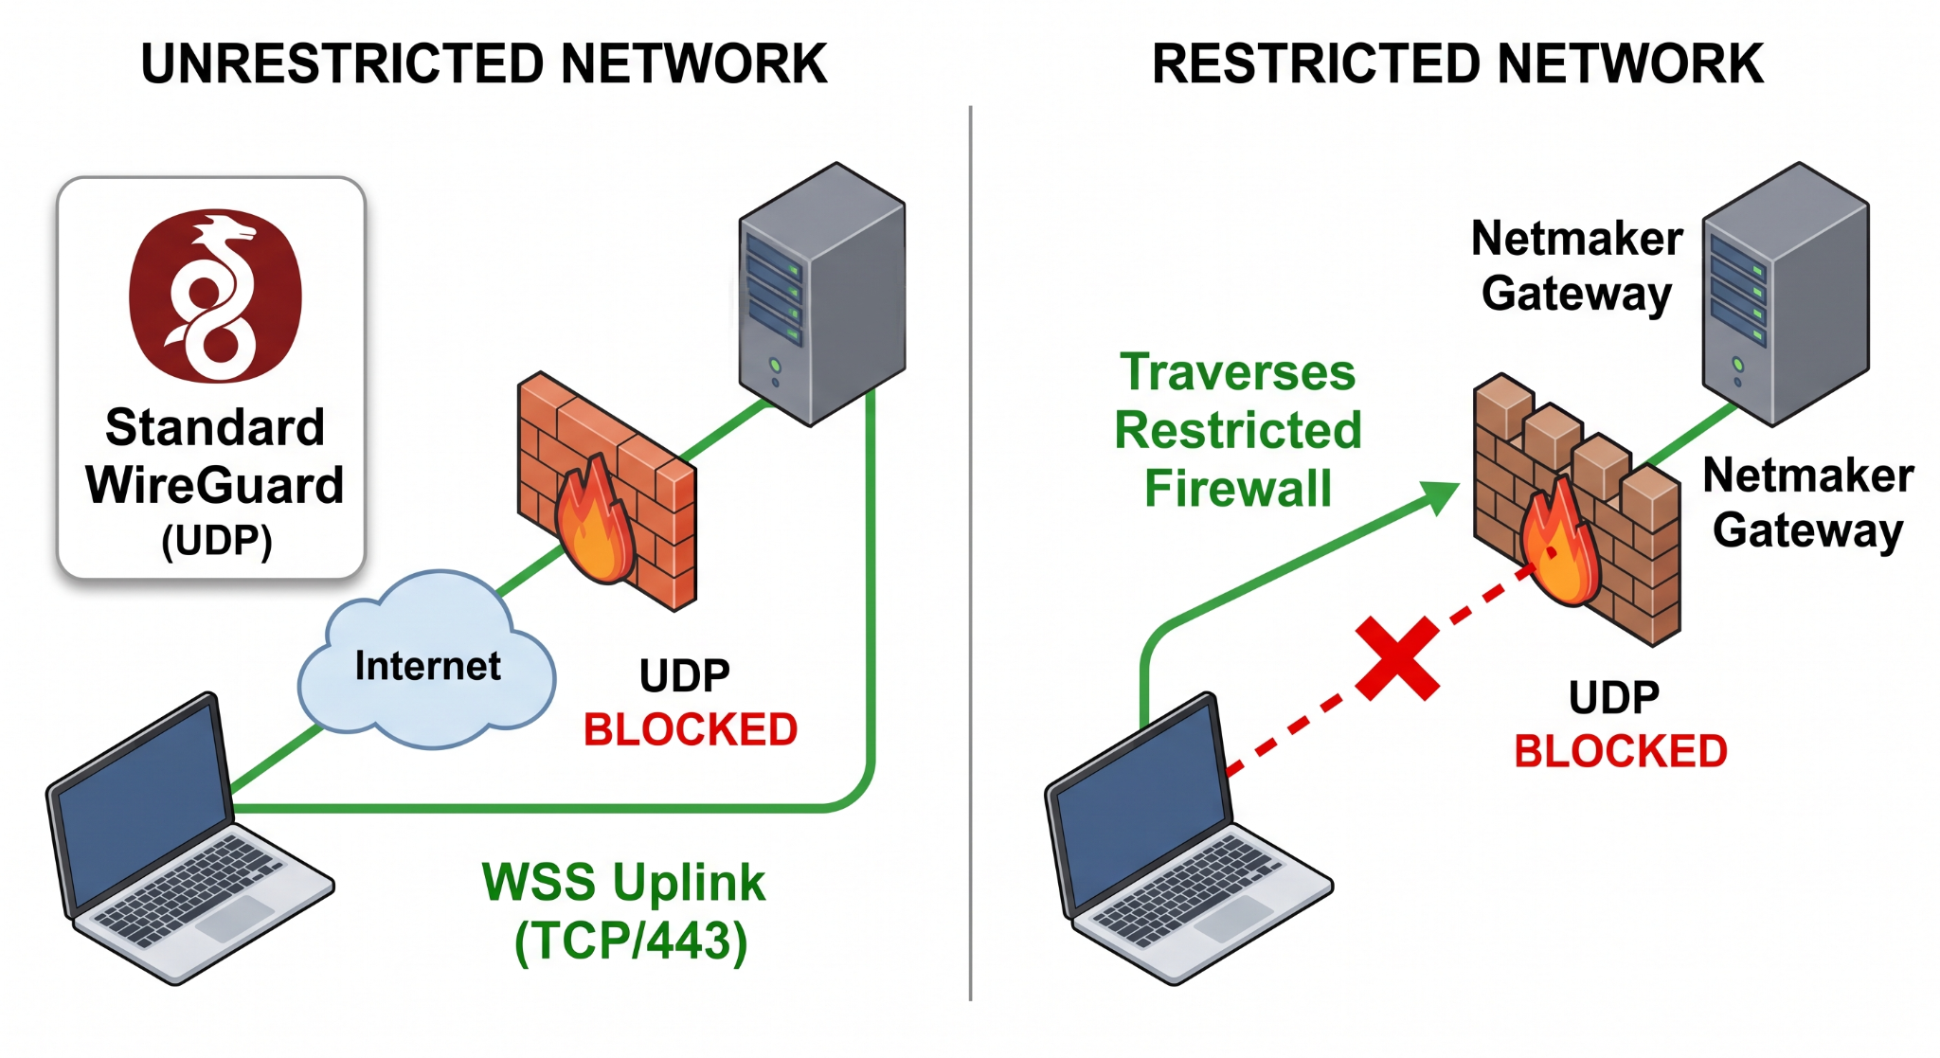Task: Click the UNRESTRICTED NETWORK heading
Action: pyautogui.click(x=484, y=64)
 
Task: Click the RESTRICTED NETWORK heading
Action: pyautogui.click(x=1458, y=64)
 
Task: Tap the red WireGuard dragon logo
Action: pyautogui.click(x=216, y=296)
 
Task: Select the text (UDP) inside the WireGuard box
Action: pyautogui.click(x=217, y=541)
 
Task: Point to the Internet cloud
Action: pyautogui.click(x=426, y=660)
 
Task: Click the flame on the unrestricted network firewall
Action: pyautogui.click(x=594, y=521)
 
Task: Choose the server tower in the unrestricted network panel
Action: pyautogui.click(x=822, y=294)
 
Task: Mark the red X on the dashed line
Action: pyautogui.click(x=1397, y=658)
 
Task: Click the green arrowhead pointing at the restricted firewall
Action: pyautogui.click(x=1439, y=495)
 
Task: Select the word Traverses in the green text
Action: pyautogui.click(x=1238, y=372)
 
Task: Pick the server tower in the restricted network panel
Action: pyautogui.click(x=1786, y=294)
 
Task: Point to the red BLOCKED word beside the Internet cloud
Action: pyautogui.click(x=691, y=730)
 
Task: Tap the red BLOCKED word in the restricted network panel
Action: pyautogui.click(x=1621, y=752)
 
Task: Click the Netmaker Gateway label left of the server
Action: pyautogui.click(x=1577, y=266)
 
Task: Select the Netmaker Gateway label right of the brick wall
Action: pyautogui.click(x=1808, y=503)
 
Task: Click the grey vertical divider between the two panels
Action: pyautogui.click(x=971, y=553)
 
